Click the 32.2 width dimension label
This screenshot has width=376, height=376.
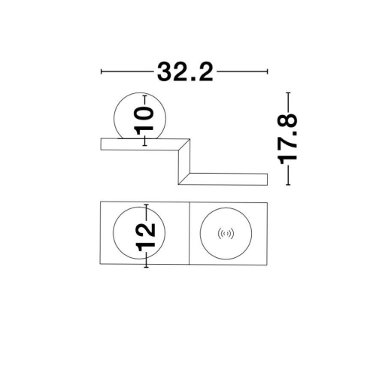point(185,71)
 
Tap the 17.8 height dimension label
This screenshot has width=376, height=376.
point(287,139)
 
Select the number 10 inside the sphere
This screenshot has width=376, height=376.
point(144,120)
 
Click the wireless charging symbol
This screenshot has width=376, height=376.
point(226,234)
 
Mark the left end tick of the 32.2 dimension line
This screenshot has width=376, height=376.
point(101,71)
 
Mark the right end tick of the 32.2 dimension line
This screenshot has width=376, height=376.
point(268,71)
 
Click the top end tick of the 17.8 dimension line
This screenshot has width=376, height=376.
point(288,92)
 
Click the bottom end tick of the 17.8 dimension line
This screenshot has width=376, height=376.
point(288,185)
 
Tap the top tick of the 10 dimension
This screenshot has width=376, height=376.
point(144,96)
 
